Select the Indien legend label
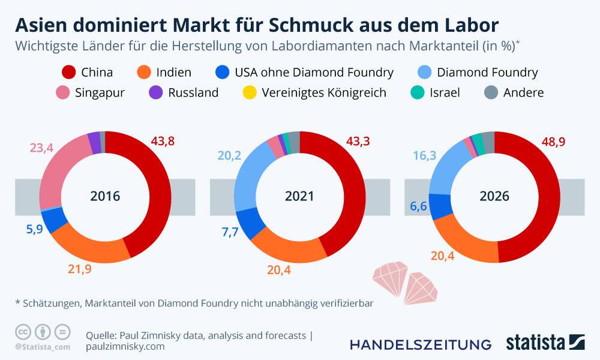173,73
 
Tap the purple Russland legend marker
156,93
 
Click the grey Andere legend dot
491,93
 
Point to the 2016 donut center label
105,196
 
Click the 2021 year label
299,196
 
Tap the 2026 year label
494,196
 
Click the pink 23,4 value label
42,148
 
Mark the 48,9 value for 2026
553,142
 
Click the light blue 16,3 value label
425,155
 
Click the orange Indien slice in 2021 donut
282,247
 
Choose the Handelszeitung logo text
420,344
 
